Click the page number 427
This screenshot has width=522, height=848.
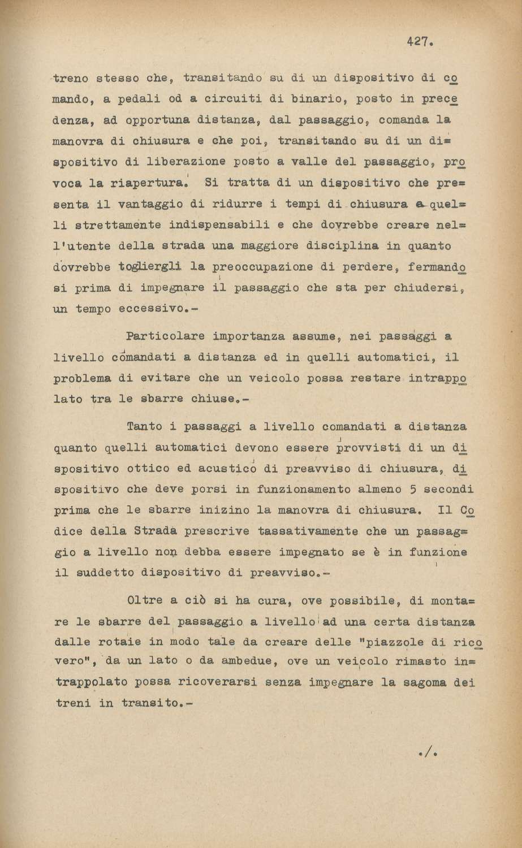coord(420,41)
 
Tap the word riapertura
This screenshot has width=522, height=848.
coord(144,183)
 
